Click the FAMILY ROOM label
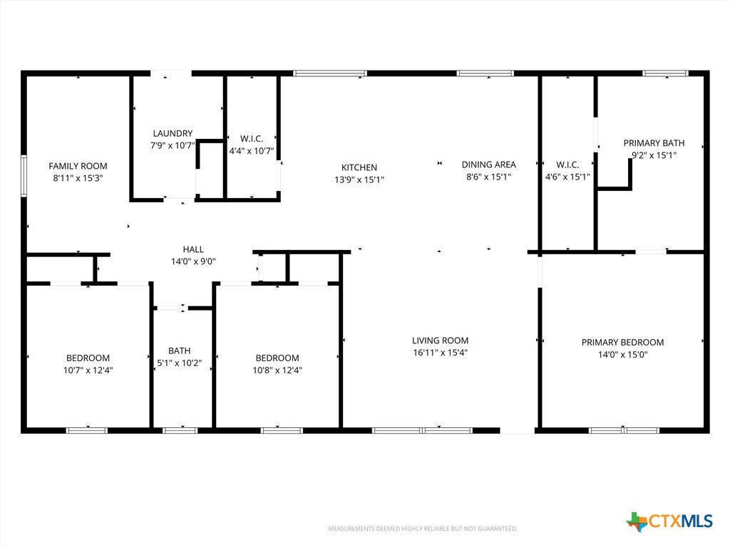78,166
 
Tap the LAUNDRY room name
173,133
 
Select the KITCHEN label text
359,167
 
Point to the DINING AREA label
488,165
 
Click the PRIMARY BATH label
654,143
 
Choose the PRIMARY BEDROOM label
622,343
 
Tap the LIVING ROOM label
440,340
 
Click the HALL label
192,249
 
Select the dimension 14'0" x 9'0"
192,261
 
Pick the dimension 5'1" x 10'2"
179,363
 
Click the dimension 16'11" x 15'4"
440,353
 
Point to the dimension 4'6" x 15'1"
567,177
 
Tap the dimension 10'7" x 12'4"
88,370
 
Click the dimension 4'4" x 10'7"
252,151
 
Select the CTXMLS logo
669,521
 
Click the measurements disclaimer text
421,529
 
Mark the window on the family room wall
24,177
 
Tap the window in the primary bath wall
665,73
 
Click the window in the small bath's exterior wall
180,430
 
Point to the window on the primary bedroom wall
624,430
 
